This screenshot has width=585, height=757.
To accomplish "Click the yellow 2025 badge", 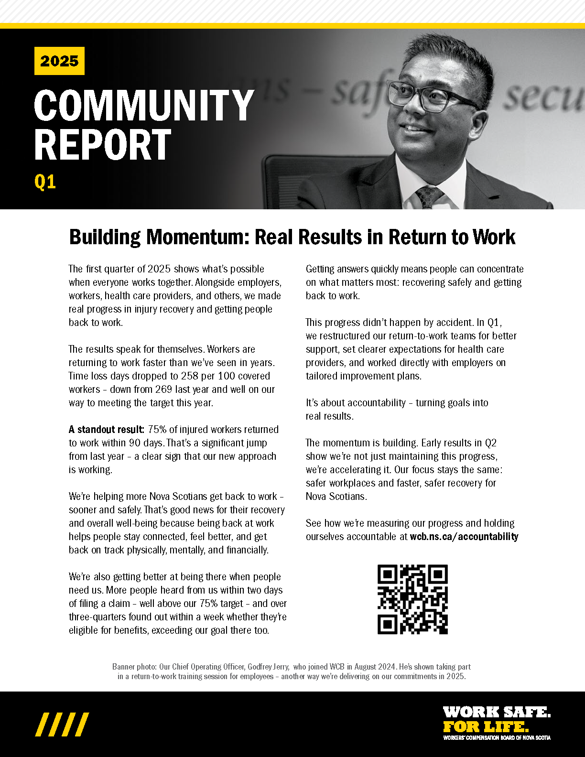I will pos(59,61).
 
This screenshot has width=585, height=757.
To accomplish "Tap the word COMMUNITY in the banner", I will pos(143,106).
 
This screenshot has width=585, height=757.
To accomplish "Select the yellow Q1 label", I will pos(45,182).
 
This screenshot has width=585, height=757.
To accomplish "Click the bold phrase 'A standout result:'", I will pos(106,430).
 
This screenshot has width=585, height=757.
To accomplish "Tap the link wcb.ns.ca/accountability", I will pos(464,537).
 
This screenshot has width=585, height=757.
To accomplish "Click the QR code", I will pos(412,599).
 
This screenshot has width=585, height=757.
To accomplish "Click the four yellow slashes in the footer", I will pos(62,725).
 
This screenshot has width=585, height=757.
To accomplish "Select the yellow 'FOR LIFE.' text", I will pos(486,727).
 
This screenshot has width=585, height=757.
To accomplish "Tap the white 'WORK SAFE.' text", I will pos(497,712).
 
